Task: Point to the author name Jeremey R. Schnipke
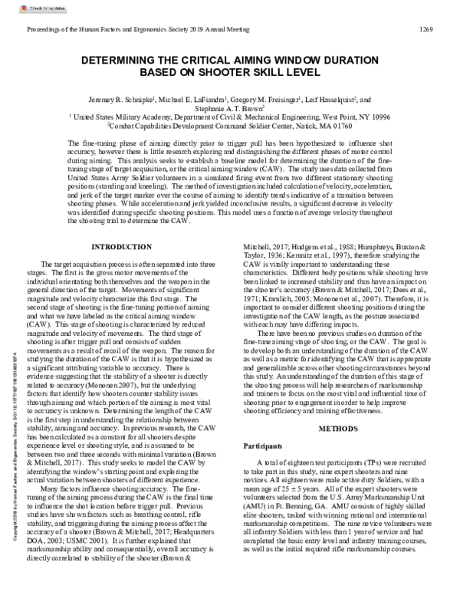pyautogui.click(x=135, y=100)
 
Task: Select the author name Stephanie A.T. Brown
pyautogui.click(x=229, y=108)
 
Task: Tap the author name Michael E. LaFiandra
pyautogui.click(x=199, y=100)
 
